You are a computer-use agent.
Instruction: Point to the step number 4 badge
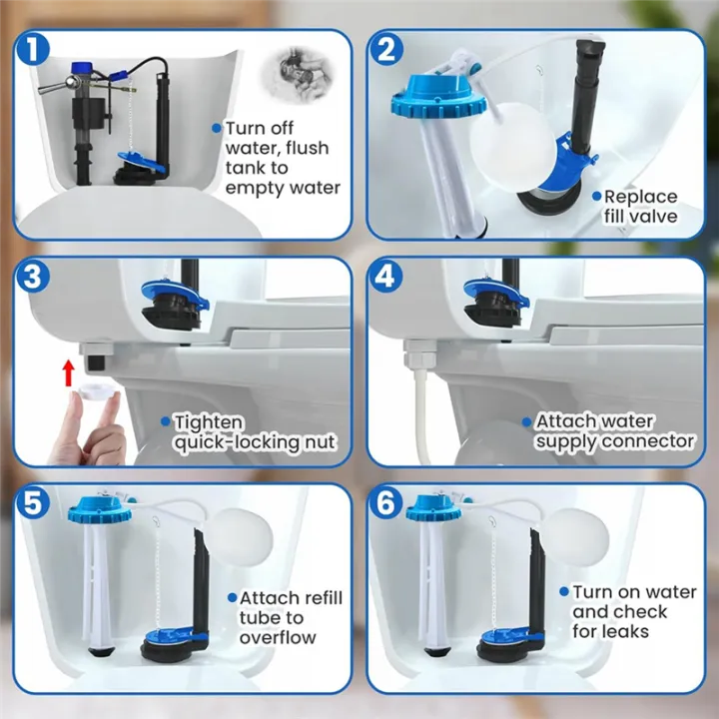click(x=386, y=277)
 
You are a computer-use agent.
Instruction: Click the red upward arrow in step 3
click(x=68, y=372)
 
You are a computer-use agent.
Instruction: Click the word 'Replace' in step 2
click(x=640, y=197)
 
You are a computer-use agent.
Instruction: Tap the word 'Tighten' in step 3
click(x=208, y=423)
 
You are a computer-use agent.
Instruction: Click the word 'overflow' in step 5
click(x=277, y=637)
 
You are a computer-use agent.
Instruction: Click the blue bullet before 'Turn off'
click(x=216, y=128)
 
